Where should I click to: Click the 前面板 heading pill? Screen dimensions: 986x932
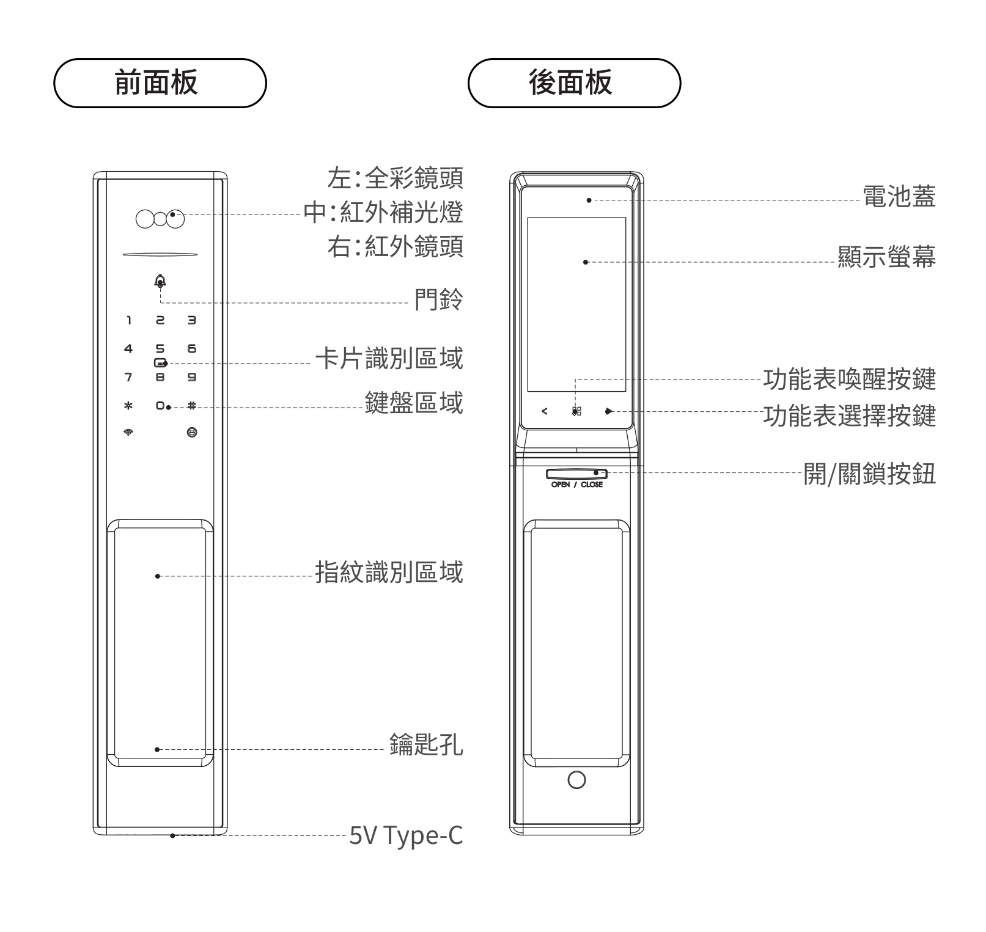(x=160, y=83)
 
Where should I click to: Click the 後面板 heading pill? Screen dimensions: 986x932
(x=574, y=83)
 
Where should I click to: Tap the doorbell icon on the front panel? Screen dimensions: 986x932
(x=160, y=281)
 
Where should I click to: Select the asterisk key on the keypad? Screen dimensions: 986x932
(x=128, y=405)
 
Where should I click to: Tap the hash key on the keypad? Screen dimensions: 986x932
(x=192, y=405)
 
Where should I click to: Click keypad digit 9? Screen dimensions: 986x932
(x=192, y=377)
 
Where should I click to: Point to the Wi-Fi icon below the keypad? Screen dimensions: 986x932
(x=128, y=433)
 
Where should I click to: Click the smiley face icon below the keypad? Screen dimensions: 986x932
(x=192, y=433)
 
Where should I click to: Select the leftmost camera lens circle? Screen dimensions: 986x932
(x=145, y=219)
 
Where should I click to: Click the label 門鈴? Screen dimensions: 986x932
(x=438, y=299)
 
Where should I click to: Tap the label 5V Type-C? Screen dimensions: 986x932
(x=406, y=835)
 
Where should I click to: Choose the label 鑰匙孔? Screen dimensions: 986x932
(x=426, y=744)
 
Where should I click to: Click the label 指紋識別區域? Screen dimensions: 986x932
(x=389, y=573)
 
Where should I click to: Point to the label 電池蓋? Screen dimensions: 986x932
(x=899, y=197)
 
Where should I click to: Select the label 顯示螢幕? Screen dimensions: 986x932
(x=887, y=257)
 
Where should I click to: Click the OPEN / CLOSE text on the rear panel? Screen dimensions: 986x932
(x=576, y=485)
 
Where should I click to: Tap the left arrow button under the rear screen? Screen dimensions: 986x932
(x=545, y=411)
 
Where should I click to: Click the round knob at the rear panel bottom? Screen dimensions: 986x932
(x=576, y=780)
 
